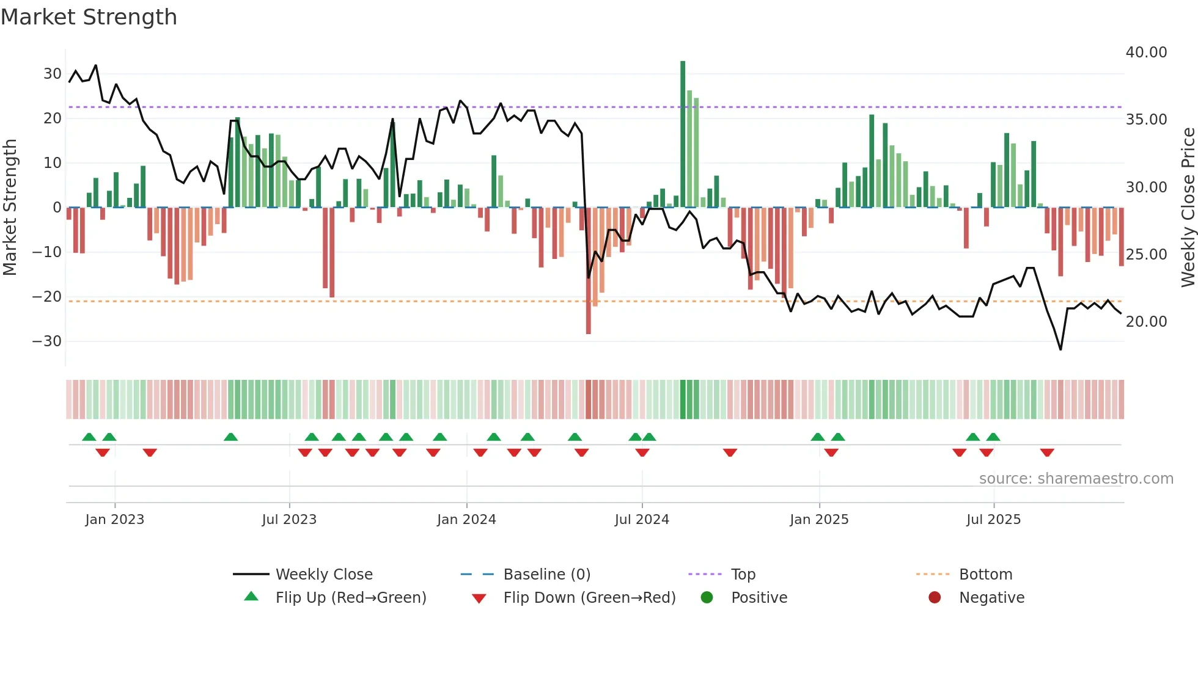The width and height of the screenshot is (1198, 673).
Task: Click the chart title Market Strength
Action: (x=89, y=17)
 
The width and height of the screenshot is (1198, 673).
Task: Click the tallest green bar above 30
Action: (x=683, y=134)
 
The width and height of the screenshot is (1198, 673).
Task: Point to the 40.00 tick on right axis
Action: (x=1146, y=53)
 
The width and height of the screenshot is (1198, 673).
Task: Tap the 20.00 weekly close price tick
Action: (x=1146, y=322)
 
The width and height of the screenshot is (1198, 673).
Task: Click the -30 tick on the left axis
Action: (x=47, y=341)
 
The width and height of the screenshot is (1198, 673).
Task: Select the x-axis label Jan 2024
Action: (x=466, y=520)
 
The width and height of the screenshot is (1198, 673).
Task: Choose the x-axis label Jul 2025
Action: (x=993, y=520)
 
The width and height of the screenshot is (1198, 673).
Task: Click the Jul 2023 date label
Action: (x=289, y=520)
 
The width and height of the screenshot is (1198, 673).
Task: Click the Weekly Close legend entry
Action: (x=323, y=575)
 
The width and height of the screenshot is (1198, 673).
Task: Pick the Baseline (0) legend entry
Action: (x=546, y=575)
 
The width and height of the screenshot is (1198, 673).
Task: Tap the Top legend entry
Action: (x=743, y=575)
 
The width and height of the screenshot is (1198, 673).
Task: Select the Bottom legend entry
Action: (x=985, y=575)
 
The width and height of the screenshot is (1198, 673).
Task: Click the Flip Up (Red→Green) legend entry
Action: (x=350, y=598)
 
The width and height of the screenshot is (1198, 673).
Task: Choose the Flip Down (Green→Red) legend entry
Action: (x=589, y=598)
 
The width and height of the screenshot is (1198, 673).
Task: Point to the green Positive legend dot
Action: (x=707, y=598)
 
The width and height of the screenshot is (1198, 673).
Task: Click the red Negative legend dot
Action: (x=935, y=598)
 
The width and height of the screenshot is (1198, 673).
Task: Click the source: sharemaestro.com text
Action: (x=1076, y=479)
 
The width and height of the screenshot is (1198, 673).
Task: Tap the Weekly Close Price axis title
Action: (x=1188, y=208)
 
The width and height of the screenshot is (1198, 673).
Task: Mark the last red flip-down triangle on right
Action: (x=1047, y=453)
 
